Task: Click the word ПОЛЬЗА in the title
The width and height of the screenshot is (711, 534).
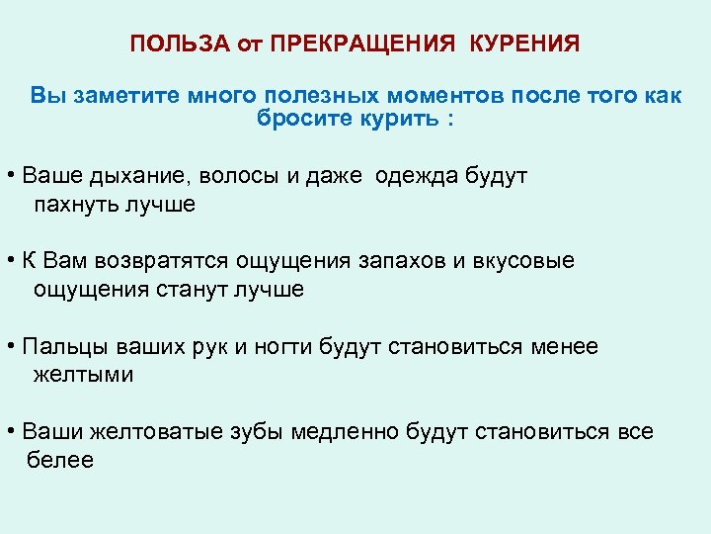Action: (169, 44)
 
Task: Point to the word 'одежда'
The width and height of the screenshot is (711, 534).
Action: (419, 176)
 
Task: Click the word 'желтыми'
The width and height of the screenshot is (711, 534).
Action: (83, 375)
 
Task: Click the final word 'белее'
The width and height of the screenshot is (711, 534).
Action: (60, 460)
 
